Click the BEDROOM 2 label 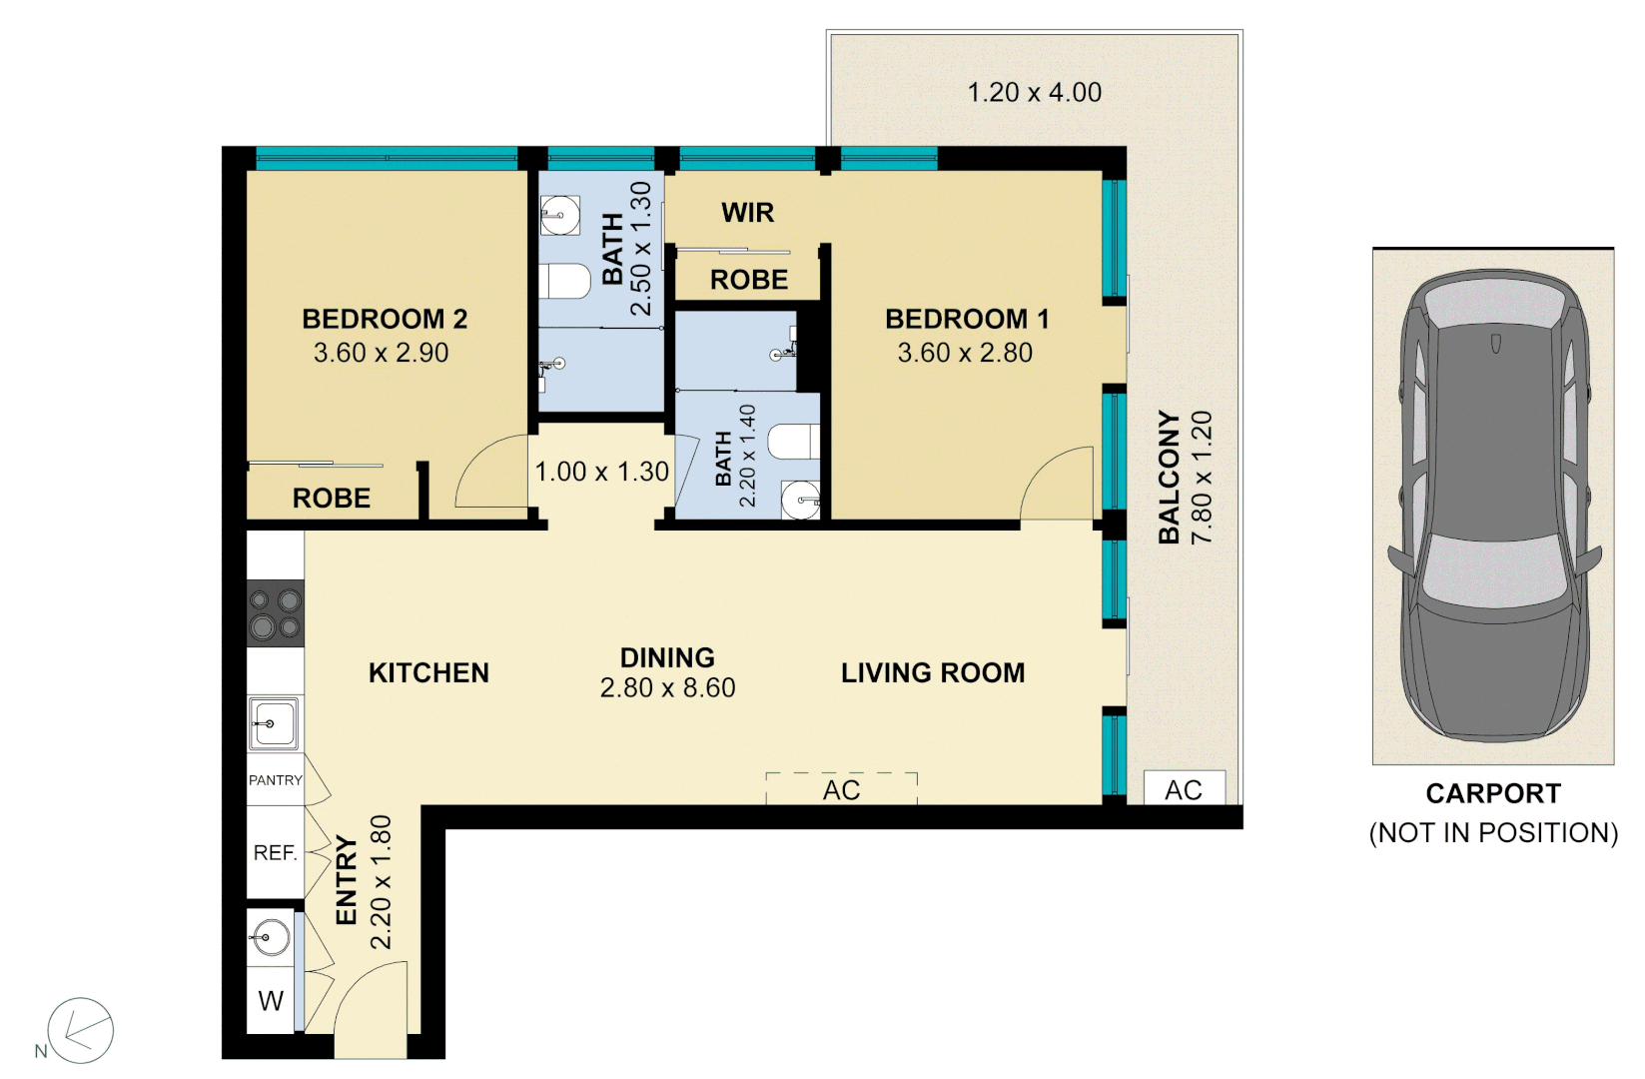[385, 319]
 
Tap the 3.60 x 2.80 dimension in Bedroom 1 [965, 353]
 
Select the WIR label [747, 213]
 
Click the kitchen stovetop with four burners [275, 613]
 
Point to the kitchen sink [273, 723]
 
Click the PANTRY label [275, 780]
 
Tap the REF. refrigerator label [275, 852]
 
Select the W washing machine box [271, 1000]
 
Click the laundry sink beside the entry [271, 937]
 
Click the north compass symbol [80, 1030]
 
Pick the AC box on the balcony [1184, 789]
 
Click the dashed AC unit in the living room [841, 789]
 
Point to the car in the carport [1494, 510]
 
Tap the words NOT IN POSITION [1493, 833]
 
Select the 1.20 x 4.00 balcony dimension [1035, 93]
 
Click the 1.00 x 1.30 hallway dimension [601, 472]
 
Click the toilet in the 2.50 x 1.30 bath [564, 281]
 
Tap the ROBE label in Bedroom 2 [331, 498]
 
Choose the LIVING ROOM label [933, 673]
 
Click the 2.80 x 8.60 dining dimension [667, 688]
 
